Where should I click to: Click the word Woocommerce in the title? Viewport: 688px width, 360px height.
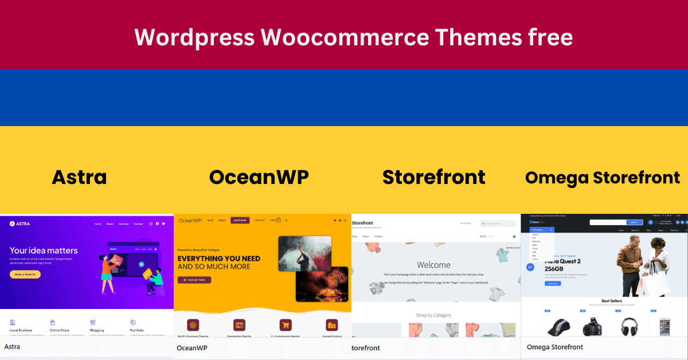click(x=345, y=38)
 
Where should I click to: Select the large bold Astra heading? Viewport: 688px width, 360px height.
click(x=79, y=177)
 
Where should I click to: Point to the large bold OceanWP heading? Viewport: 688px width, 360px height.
click(x=259, y=177)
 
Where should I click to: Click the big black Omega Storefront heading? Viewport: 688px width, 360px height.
click(x=603, y=178)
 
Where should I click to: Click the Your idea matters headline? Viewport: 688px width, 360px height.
click(x=44, y=251)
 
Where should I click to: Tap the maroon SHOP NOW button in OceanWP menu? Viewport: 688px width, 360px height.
click(x=240, y=220)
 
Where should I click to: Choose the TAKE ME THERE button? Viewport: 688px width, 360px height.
click(x=194, y=280)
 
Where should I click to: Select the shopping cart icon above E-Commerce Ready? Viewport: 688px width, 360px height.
click(x=285, y=324)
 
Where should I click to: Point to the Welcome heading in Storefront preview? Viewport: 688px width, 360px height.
click(x=433, y=265)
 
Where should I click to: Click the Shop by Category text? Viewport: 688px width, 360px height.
click(x=433, y=315)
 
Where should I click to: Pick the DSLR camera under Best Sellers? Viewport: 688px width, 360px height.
click(x=592, y=326)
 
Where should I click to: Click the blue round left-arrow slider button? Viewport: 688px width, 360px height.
click(x=530, y=267)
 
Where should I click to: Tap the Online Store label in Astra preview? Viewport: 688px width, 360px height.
click(x=59, y=330)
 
